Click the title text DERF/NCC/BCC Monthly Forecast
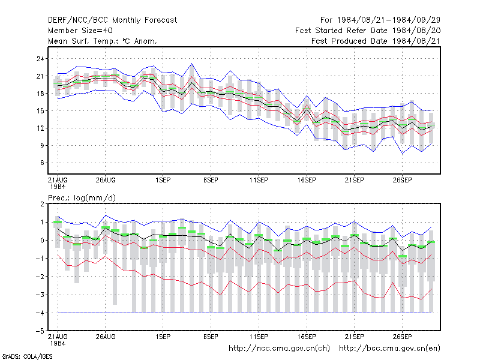[112, 20]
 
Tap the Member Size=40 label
[80, 31]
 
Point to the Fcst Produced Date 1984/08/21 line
[376, 41]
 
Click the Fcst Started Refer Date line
[368, 31]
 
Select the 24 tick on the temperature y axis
[40, 58]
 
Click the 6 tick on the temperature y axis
[42, 163]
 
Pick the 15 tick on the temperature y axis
[40, 111]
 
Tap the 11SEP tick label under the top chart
[259, 180]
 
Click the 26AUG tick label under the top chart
[106, 180]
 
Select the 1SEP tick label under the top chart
[163, 180]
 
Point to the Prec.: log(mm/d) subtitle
[82, 198]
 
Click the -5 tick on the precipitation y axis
[40, 331]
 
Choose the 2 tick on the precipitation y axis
[42, 204]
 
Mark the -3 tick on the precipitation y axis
[40, 295]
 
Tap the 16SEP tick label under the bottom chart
[307, 337]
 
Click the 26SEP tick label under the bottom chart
[402, 337]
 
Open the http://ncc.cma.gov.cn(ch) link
[279, 349]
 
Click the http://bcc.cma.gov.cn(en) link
[389, 349]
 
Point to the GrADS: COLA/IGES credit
[27, 356]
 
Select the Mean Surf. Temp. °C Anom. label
[103, 41]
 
